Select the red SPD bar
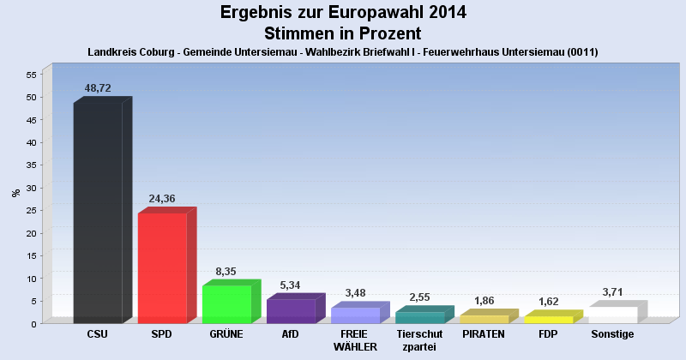coord(162,267)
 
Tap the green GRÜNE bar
coord(226,303)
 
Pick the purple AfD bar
coord(291,310)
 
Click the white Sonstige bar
coord(613,315)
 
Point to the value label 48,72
coord(98,88)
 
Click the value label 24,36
coord(162,199)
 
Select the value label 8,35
coord(226,272)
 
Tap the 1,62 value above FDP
coord(549,302)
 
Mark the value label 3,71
coord(613,292)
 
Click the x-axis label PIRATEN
coord(484,333)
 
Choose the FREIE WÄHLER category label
coord(355,339)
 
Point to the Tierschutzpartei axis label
coord(419,339)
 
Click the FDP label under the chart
coord(549,333)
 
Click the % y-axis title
coord(15,193)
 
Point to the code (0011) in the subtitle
coord(581,52)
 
